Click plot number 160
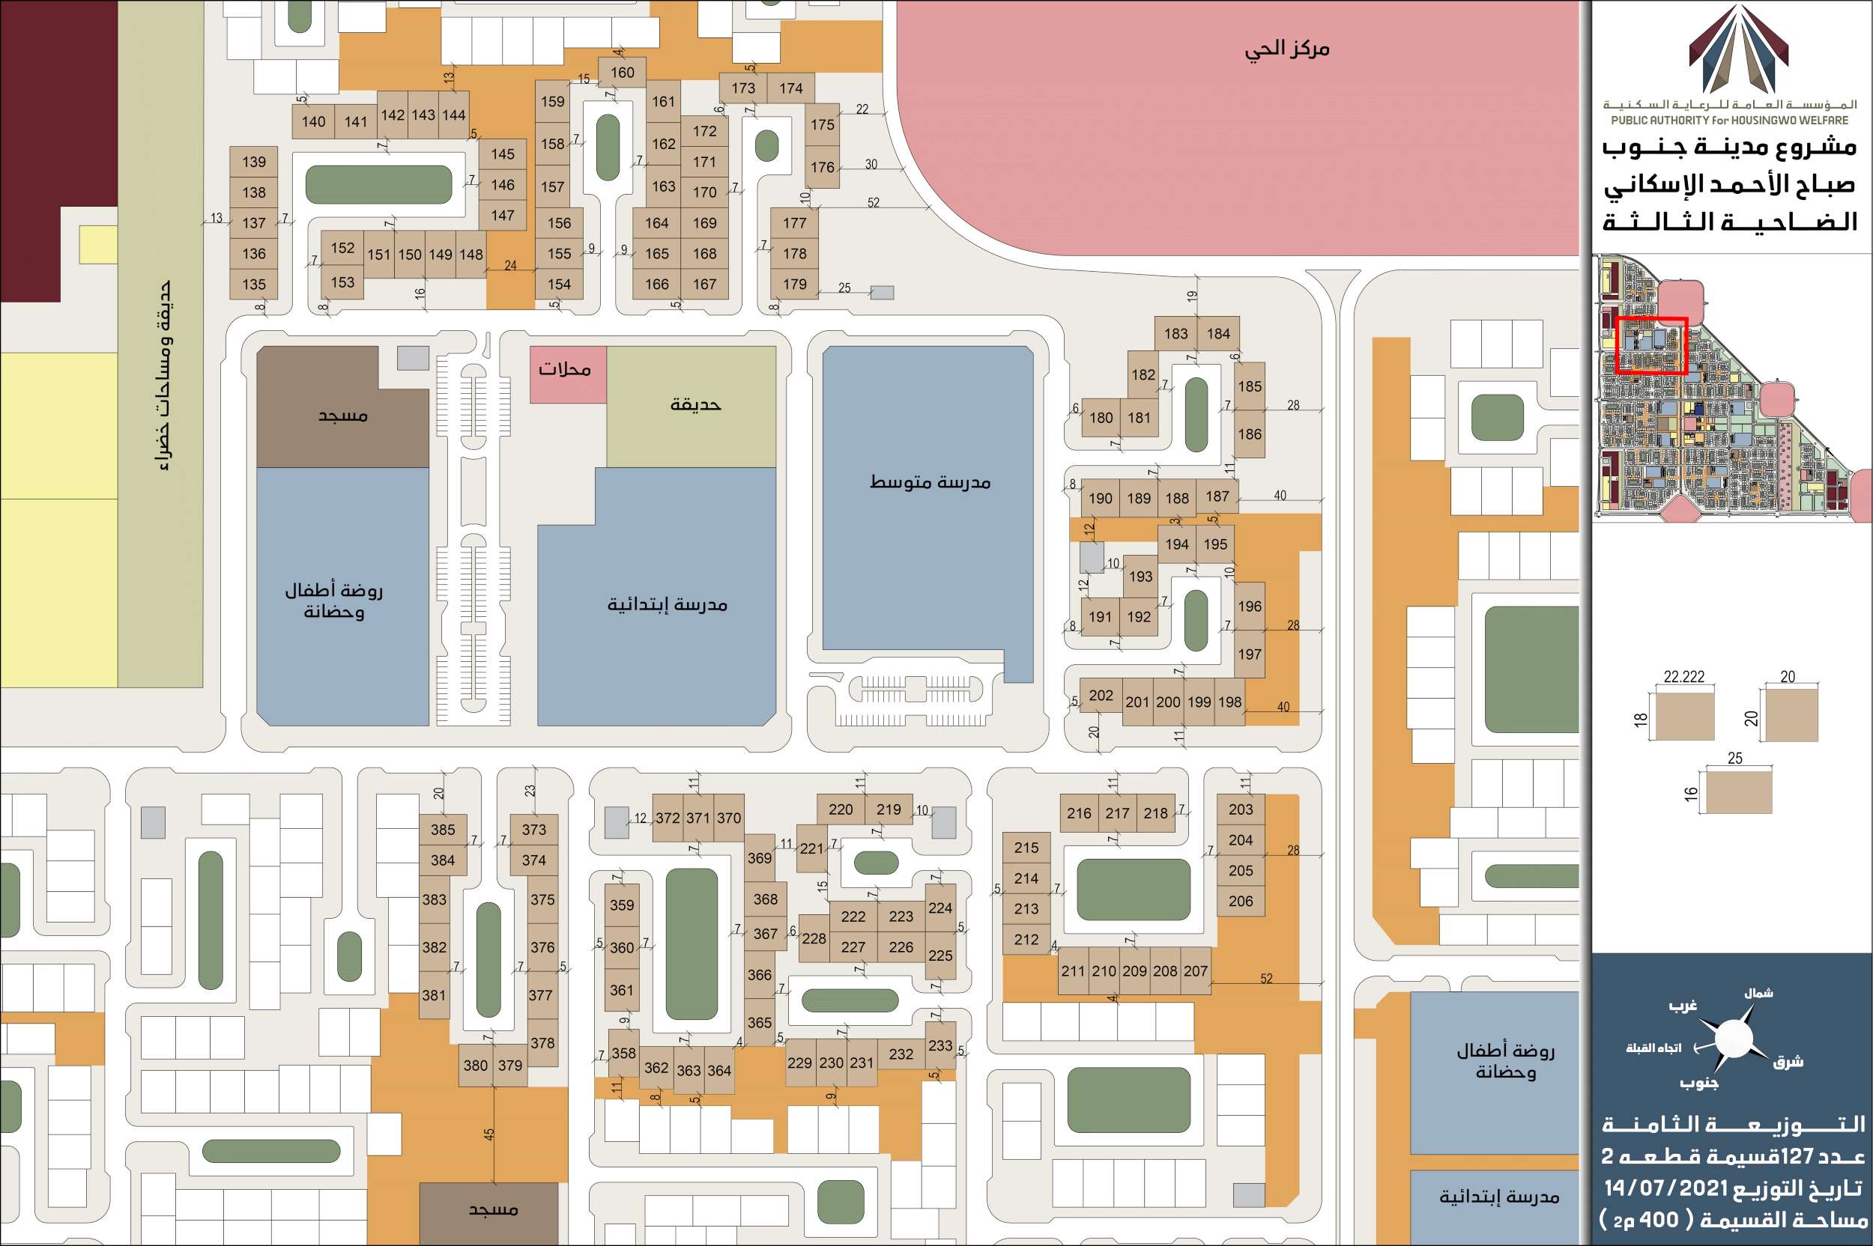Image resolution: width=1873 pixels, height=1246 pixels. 623,73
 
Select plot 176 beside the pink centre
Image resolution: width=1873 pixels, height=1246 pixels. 822,167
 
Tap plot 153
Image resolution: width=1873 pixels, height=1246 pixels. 342,282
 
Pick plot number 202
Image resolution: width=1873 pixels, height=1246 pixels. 1101,696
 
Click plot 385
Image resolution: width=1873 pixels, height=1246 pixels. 443,830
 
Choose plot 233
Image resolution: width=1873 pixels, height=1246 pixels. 939,1045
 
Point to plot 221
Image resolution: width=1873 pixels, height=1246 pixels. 811,848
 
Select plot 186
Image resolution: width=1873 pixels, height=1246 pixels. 1249,434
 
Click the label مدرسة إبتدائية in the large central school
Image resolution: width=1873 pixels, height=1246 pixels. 667,605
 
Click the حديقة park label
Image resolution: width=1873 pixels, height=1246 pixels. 695,404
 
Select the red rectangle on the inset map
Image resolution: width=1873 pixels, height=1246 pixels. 1651,346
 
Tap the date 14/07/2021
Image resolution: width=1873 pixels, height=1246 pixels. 1666,1188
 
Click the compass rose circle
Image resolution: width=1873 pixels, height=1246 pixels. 1733,1039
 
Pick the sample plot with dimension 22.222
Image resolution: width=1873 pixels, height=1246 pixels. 1683,715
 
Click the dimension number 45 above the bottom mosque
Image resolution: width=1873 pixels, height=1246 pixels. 489,1134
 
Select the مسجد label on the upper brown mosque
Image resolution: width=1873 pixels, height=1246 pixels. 342,416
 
